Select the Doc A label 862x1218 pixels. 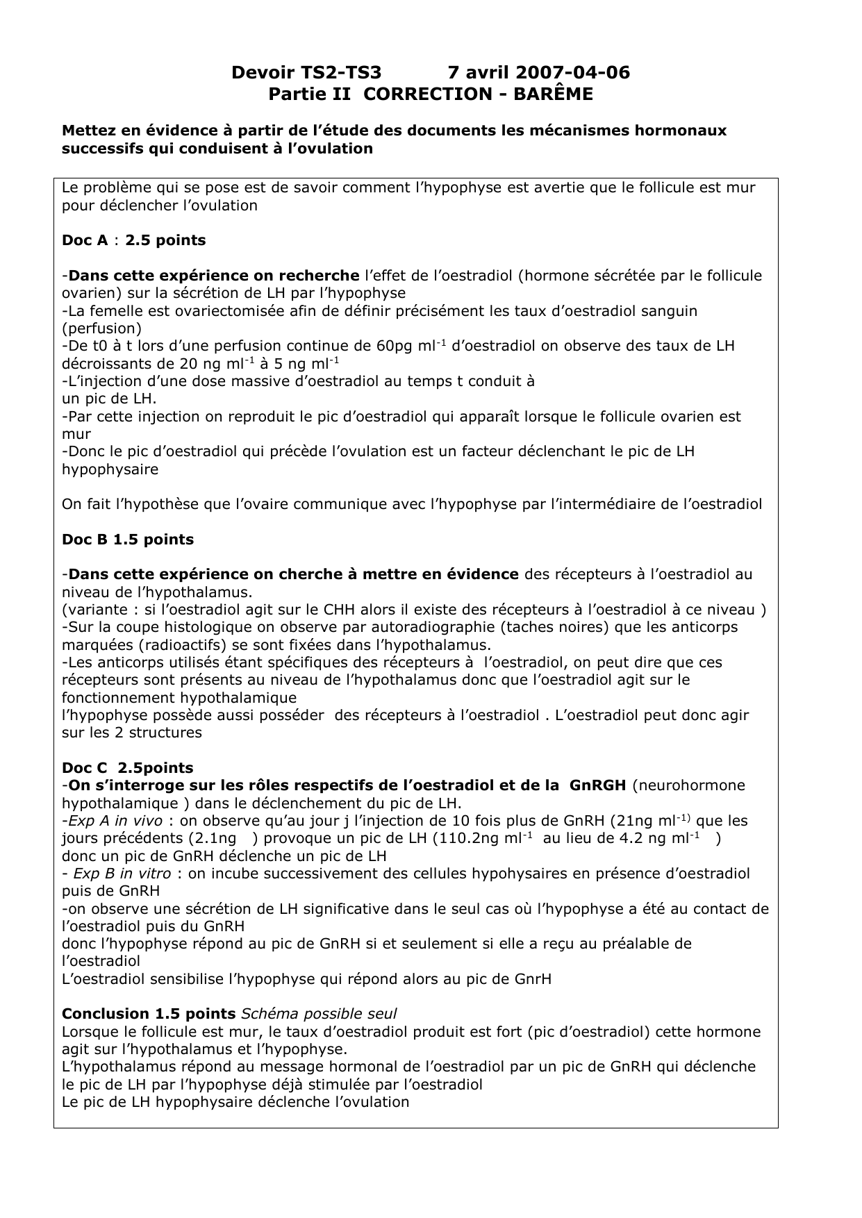click(85, 240)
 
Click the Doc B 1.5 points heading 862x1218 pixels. click(128, 540)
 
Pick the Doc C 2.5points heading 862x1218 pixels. click(128, 768)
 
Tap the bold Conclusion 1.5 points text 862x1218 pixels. click(149, 1014)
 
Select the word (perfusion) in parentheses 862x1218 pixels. click(101, 328)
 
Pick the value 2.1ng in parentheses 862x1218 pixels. click(215, 838)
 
